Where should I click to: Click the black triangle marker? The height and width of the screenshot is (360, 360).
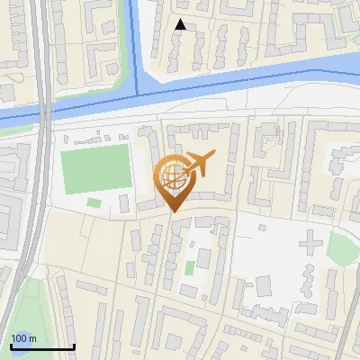coord(181,25)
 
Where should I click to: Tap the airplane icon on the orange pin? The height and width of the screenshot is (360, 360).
coord(199,164)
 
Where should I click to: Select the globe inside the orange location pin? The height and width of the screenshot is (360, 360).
coord(171,174)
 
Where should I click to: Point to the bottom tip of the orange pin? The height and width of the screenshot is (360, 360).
coord(173,211)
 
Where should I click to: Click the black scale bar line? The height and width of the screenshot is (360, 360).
coord(41,347)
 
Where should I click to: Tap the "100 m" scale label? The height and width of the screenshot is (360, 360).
coord(23,338)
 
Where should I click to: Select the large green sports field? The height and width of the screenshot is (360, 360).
coord(96,168)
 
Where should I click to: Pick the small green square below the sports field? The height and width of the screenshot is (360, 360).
coord(94,202)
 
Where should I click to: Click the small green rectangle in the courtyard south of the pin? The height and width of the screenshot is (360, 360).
coord(189,267)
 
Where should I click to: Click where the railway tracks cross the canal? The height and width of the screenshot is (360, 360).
coord(41,112)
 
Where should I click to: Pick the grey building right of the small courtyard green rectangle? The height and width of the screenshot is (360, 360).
coord(204,260)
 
